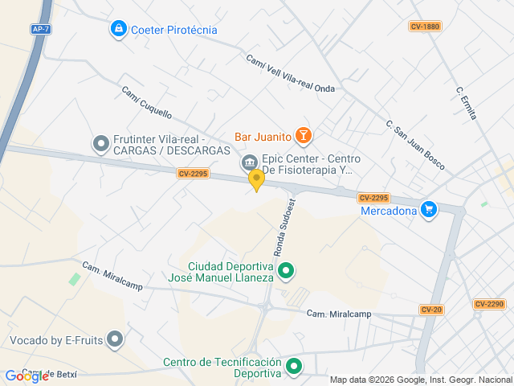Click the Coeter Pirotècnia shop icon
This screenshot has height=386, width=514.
tap(119, 30)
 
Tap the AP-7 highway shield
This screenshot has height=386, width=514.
tap(40, 29)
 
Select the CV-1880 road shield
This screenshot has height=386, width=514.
tap(425, 27)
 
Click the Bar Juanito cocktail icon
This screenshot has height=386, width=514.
tap(303, 136)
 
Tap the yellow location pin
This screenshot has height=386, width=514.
tap(256, 179)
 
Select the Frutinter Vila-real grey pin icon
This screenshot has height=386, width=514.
tap(101, 144)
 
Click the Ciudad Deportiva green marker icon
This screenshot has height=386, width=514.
tap(287, 272)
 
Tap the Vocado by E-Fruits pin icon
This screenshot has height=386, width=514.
tap(115, 340)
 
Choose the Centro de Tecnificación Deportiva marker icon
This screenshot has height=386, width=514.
tap(294, 368)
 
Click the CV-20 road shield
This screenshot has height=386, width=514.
tap(431, 310)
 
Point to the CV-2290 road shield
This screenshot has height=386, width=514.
tap(489, 304)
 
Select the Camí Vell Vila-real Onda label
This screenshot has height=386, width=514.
tap(289, 73)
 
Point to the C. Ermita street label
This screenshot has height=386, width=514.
tap(466, 103)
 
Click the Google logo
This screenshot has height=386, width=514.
tap(26, 376)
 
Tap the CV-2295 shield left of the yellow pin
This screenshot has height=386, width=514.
tap(193, 173)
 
